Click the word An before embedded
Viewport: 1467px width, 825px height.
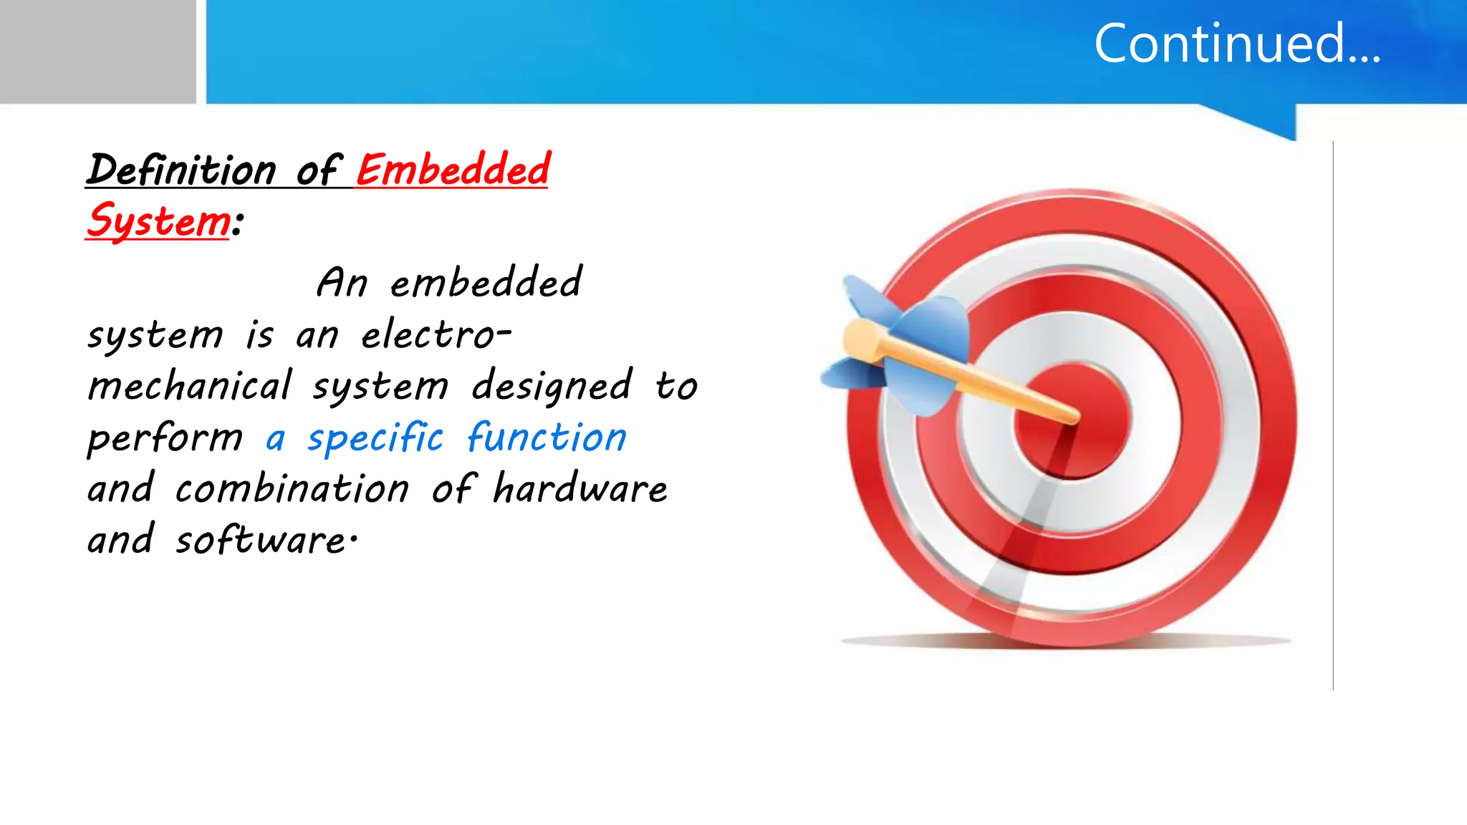(342, 282)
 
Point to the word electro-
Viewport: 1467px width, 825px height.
(436, 334)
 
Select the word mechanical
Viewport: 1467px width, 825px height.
(190, 386)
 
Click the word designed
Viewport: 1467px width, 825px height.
(552, 386)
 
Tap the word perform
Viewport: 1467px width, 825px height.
(165, 438)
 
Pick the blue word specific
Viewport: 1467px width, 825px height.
(375, 438)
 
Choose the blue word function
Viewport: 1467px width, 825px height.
(547, 438)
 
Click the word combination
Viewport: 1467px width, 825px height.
(292, 489)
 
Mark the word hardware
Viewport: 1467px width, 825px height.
(580, 489)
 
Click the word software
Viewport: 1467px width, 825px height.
(261, 541)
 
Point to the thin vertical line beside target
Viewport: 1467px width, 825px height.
(1332, 415)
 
